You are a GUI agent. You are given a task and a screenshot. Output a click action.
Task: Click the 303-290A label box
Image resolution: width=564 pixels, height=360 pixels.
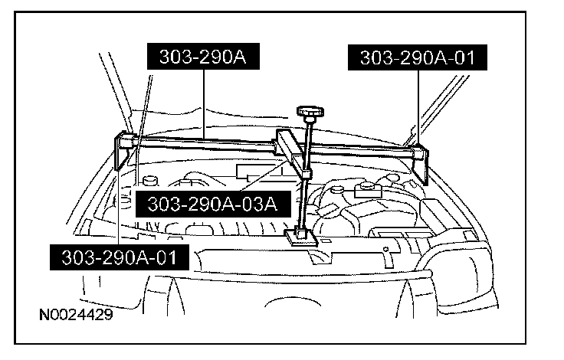point(202,57)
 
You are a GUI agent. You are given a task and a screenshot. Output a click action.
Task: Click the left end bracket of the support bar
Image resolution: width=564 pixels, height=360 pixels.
point(126,151)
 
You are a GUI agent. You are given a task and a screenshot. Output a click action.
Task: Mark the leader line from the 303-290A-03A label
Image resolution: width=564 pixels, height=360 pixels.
point(264,179)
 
